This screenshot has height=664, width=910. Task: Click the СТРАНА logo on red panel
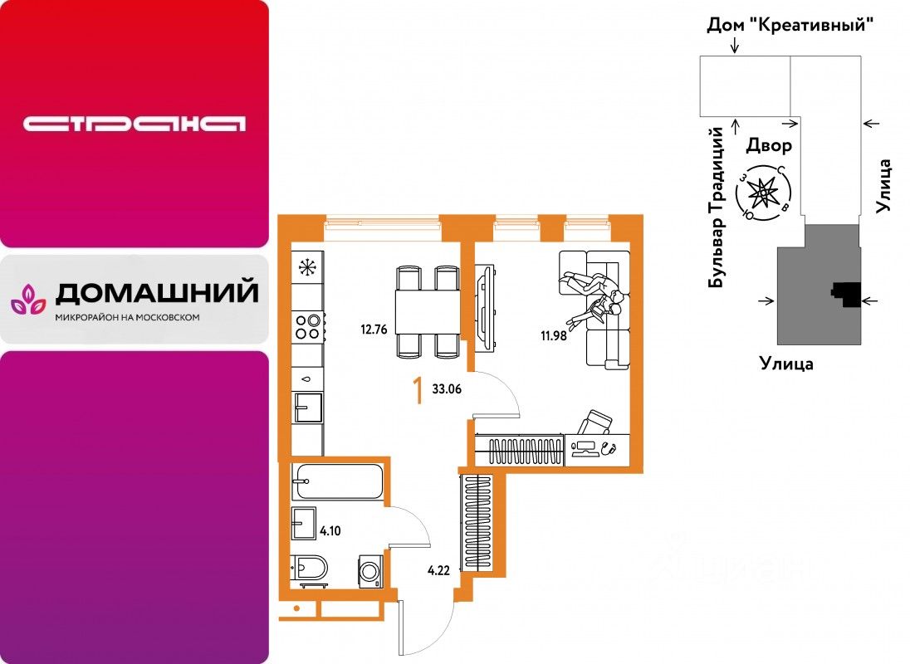135,124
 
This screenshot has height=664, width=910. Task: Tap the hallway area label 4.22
438,570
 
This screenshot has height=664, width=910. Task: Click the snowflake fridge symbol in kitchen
308,267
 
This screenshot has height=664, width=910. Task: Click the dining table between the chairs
427,311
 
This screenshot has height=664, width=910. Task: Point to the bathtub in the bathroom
337,481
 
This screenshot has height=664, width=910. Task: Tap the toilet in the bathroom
311,569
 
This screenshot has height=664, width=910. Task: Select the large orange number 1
418,390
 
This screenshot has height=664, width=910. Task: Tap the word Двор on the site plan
768,146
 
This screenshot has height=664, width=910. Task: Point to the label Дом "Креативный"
791,25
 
